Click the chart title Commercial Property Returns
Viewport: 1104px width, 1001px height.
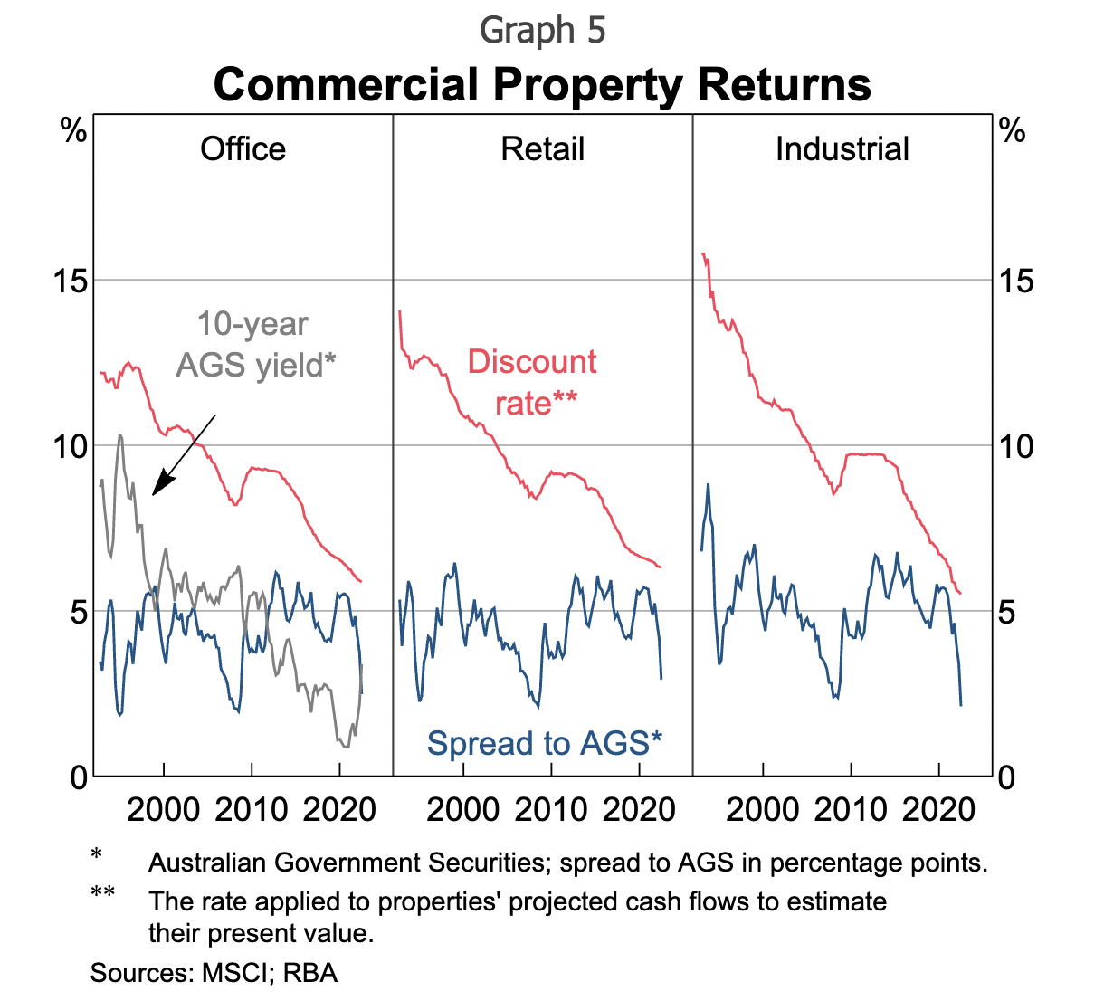point(542,85)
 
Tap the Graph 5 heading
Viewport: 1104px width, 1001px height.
point(542,31)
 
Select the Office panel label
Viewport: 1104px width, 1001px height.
point(243,149)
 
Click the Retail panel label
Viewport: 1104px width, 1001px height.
point(542,149)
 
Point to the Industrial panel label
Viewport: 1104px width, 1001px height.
point(842,149)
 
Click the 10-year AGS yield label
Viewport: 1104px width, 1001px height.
point(254,345)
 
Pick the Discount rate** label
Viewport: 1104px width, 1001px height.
point(533,382)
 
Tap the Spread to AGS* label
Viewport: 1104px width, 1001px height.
point(544,744)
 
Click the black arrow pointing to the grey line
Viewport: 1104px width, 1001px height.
point(183,455)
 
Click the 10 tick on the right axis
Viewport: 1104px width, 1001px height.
point(1014,446)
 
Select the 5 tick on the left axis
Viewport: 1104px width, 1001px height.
point(78,612)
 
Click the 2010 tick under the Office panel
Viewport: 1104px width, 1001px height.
point(252,809)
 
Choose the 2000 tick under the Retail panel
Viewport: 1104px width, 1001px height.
point(462,809)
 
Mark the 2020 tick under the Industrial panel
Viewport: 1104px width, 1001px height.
point(938,809)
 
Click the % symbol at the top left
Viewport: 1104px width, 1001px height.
point(73,132)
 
